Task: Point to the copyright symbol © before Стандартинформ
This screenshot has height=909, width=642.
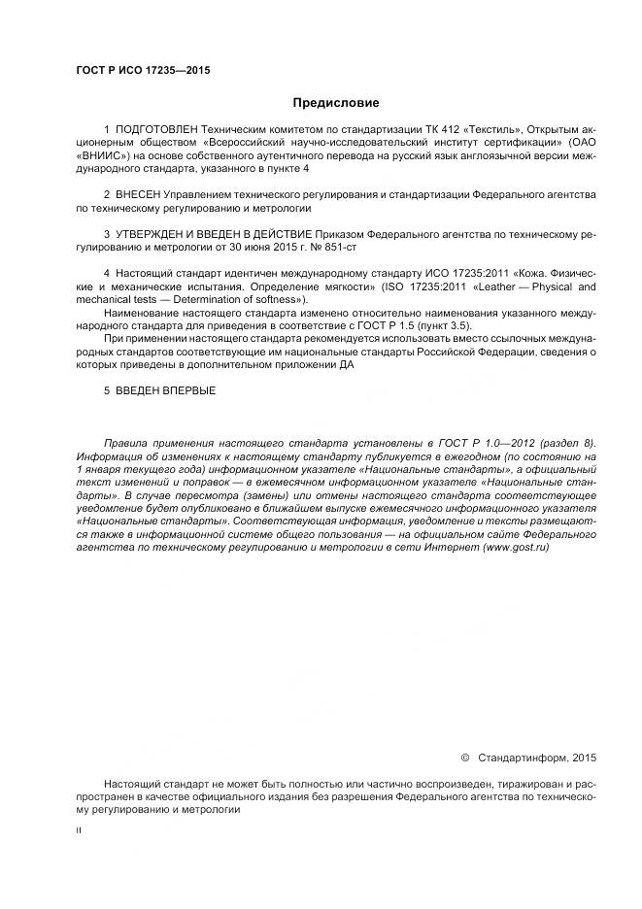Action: tap(464, 757)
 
